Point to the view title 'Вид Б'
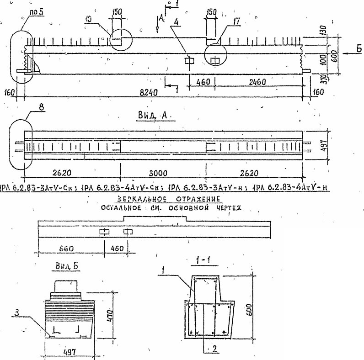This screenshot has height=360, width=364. click(x=61, y=265)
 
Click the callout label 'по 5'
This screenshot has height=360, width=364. click(x=35, y=12)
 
